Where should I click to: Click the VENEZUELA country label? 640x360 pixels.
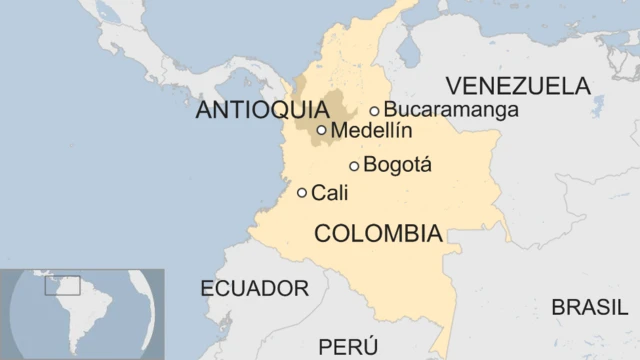[x=517, y=85]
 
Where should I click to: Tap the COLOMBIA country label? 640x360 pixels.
[x=378, y=234]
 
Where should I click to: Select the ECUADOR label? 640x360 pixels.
[x=254, y=289]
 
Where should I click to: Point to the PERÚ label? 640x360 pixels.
[x=348, y=347]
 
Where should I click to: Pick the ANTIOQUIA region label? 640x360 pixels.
[x=262, y=109]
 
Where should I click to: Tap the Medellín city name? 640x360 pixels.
[x=371, y=130]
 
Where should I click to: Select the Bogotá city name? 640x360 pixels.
[x=398, y=165]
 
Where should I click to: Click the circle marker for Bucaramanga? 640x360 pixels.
[x=375, y=111]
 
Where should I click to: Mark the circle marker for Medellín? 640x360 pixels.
[x=322, y=130]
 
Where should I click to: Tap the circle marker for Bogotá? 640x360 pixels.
[x=354, y=166]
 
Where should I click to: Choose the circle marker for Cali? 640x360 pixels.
[x=302, y=193]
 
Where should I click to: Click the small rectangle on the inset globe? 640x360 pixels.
[x=62, y=285]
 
